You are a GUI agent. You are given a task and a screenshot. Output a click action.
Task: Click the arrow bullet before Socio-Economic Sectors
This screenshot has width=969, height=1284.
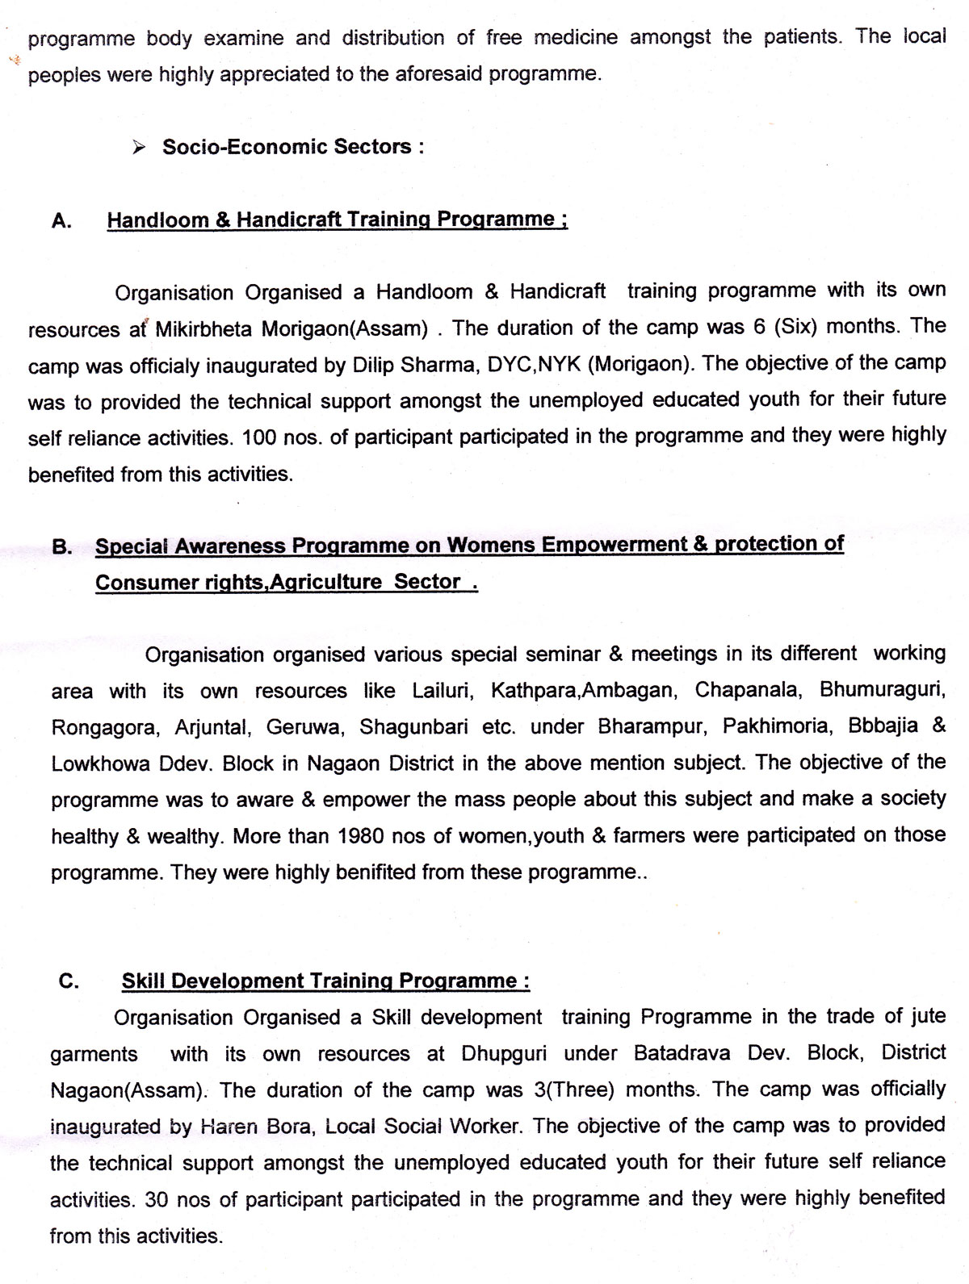139,148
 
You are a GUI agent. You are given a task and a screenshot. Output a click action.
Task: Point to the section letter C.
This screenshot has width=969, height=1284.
69,981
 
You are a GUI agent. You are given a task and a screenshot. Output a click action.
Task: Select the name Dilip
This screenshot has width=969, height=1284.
375,365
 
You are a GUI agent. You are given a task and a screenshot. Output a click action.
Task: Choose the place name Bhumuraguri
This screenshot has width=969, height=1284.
882,691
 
